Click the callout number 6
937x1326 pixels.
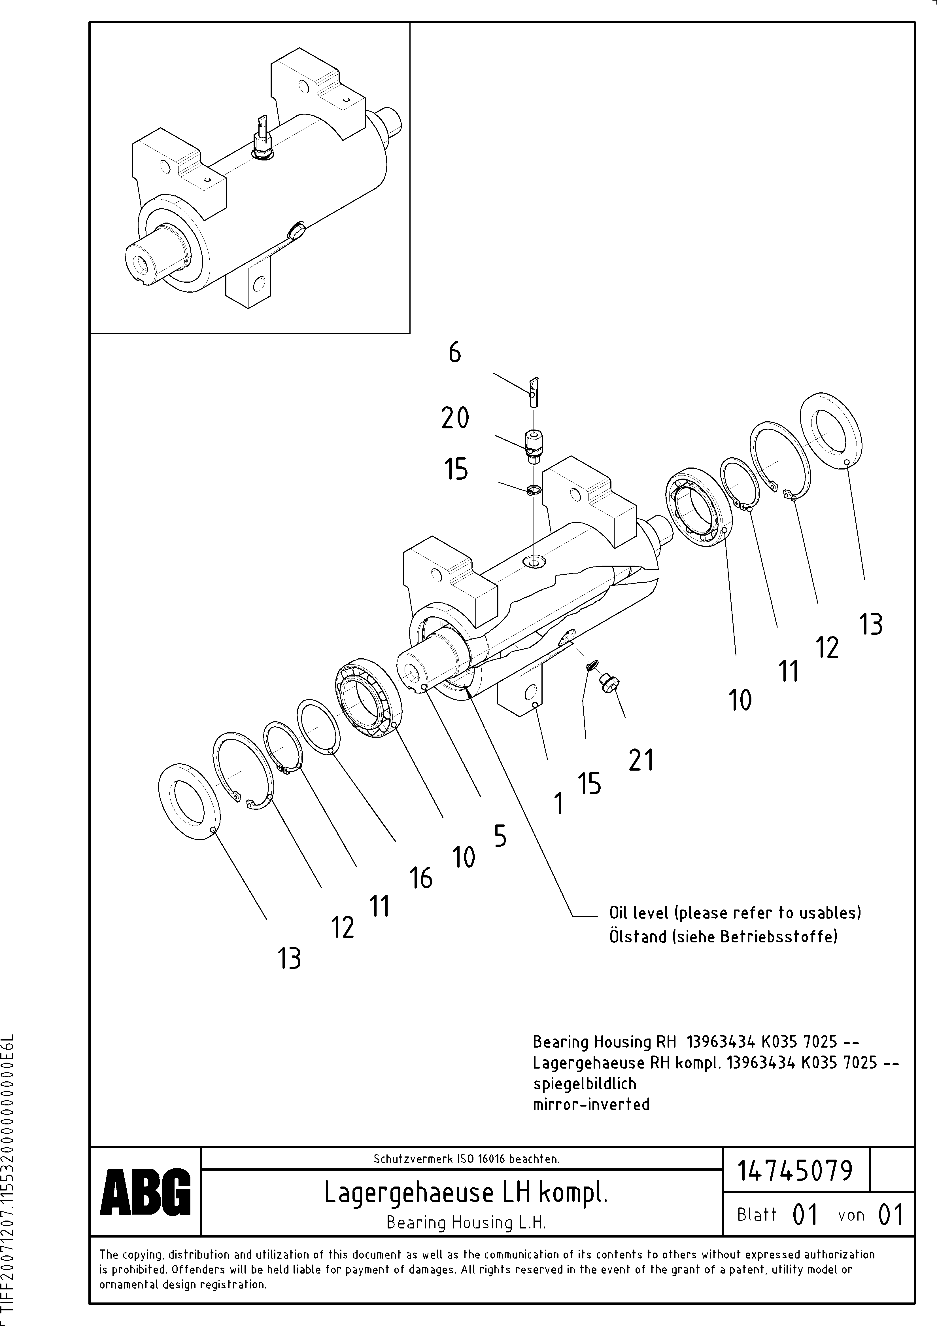click(455, 352)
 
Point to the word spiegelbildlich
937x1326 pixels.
click(584, 1083)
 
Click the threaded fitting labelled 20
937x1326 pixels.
click(534, 446)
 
